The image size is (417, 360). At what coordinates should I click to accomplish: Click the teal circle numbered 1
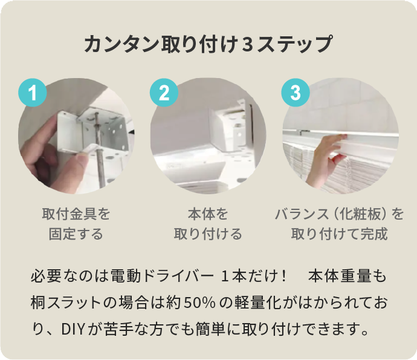click(33, 93)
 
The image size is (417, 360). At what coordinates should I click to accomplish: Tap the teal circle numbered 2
click(164, 93)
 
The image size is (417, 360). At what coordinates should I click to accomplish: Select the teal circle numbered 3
click(296, 93)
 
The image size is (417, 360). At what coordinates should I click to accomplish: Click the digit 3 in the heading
click(247, 44)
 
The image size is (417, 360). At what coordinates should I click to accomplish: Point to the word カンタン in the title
click(122, 44)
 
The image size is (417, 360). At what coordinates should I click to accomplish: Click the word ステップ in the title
click(295, 44)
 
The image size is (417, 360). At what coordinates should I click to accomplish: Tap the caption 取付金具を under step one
click(76, 214)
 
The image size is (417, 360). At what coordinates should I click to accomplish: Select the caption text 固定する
click(76, 234)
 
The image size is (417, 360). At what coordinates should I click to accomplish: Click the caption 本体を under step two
click(208, 214)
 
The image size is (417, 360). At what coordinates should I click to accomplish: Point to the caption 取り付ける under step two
click(208, 234)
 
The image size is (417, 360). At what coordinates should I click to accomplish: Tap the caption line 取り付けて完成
click(340, 234)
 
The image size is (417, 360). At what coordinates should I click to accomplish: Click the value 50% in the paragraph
click(199, 303)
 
